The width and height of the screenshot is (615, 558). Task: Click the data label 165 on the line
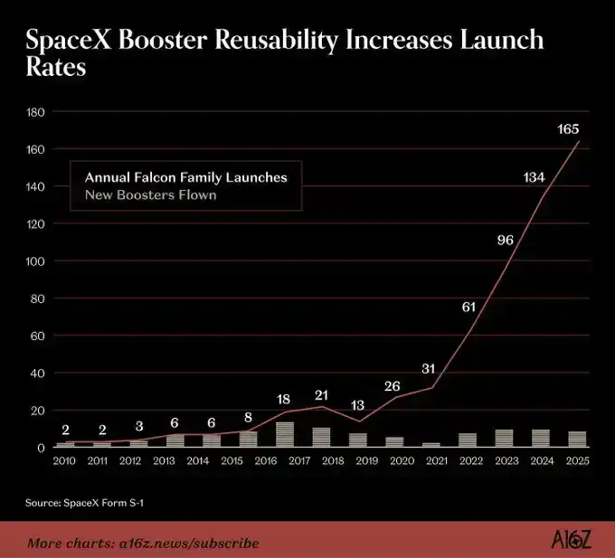pyautogui.click(x=568, y=129)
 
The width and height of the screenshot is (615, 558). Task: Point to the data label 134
pyautogui.click(x=535, y=177)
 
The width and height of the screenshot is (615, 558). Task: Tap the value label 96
pyautogui.click(x=506, y=240)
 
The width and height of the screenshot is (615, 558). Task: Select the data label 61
pyautogui.click(x=468, y=307)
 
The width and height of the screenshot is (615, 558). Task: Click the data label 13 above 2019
pyautogui.click(x=357, y=405)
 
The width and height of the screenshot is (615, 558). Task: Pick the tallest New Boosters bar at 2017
pyautogui.click(x=285, y=434)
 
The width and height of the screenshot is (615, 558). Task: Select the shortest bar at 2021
pyautogui.click(x=431, y=445)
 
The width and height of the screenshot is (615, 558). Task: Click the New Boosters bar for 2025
pyautogui.click(x=577, y=440)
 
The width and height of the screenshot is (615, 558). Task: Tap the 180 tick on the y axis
pyautogui.click(x=35, y=112)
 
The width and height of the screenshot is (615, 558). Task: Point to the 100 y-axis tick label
pyautogui.click(x=35, y=261)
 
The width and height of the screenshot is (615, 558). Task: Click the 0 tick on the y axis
pyautogui.click(x=42, y=448)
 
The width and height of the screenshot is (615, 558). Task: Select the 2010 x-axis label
pyautogui.click(x=64, y=460)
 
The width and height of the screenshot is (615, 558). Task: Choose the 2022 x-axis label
pyautogui.click(x=471, y=460)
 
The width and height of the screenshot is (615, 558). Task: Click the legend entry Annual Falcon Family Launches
pyautogui.click(x=186, y=177)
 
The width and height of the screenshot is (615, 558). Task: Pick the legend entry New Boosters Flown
pyautogui.click(x=151, y=194)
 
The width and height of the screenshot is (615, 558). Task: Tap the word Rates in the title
pyautogui.click(x=56, y=67)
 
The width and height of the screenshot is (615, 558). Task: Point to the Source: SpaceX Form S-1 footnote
pyautogui.click(x=84, y=503)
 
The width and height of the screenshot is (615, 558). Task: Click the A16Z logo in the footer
pyautogui.click(x=571, y=540)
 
